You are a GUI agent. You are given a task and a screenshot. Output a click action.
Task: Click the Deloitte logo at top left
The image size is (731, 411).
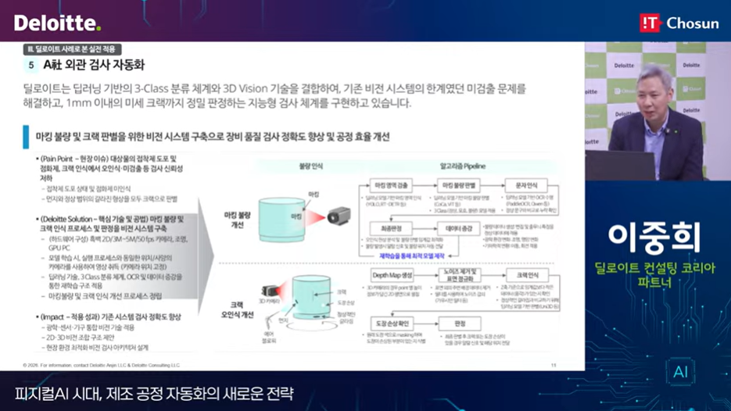click(x=57, y=22)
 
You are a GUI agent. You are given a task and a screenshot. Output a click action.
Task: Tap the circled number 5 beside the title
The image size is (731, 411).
click(x=31, y=66)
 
